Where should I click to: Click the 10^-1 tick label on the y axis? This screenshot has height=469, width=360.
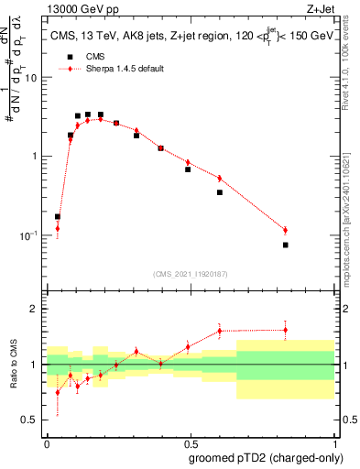30,235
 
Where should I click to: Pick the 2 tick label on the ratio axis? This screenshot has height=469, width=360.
36,310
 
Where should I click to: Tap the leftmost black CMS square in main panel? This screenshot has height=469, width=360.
58,217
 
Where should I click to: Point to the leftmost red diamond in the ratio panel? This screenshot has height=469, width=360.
58,392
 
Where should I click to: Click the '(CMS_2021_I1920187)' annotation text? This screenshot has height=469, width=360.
191,274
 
